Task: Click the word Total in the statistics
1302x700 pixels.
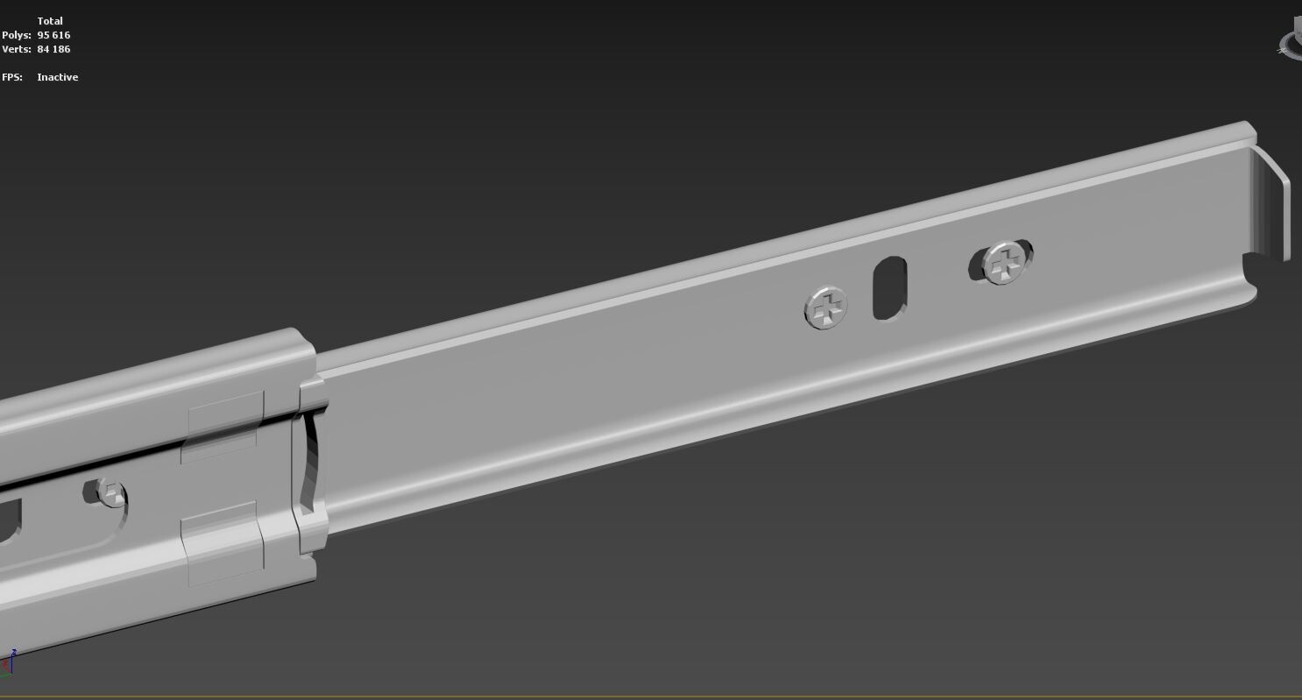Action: (50, 21)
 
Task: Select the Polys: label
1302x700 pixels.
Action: (17, 35)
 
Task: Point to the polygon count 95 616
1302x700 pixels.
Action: (53, 35)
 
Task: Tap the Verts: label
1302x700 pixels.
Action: (17, 49)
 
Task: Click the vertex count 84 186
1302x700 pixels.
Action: (53, 49)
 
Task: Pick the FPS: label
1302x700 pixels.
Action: (12, 77)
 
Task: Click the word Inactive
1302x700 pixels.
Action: (58, 77)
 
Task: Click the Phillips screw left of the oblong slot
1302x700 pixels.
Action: (825, 308)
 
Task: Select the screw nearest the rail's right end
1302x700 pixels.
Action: (1007, 262)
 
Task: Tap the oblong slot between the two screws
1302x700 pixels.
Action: (889, 287)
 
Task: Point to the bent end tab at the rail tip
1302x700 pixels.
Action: (1271, 204)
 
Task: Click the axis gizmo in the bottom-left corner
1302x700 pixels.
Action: (8, 663)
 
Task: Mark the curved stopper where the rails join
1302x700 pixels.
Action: (309, 460)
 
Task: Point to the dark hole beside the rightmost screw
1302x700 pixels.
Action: (976, 265)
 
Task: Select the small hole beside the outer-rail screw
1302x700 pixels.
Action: (90, 491)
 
